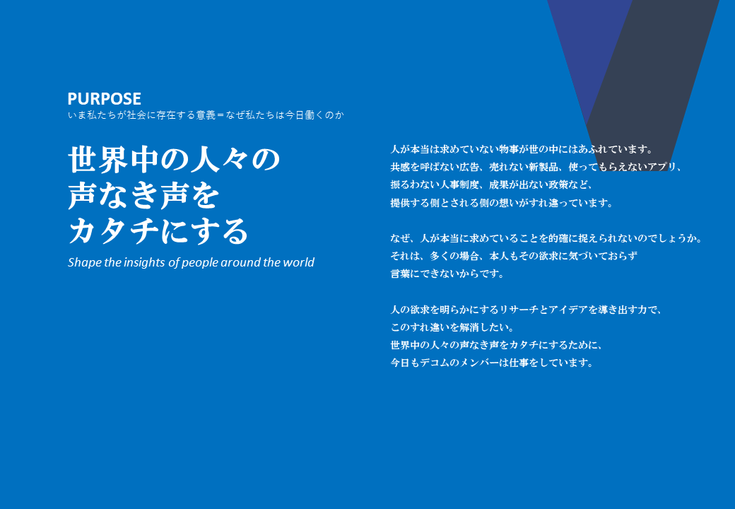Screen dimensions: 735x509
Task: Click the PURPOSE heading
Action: pos(104,98)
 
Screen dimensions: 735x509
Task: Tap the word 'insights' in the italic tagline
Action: pos(144,262)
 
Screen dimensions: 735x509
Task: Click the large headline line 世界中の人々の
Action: pos(174,159)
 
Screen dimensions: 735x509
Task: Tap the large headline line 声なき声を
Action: pos(143,195)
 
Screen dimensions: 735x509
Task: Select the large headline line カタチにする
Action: pos(158,231)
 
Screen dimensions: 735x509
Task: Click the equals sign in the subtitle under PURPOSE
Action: pos(220,115)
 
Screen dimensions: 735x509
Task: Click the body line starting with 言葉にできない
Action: pos(447,274)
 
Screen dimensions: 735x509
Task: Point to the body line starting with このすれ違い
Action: pos(452,327)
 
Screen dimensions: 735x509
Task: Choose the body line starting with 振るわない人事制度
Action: pos(492,185)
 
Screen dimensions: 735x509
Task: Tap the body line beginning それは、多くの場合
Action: pos(514,256)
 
